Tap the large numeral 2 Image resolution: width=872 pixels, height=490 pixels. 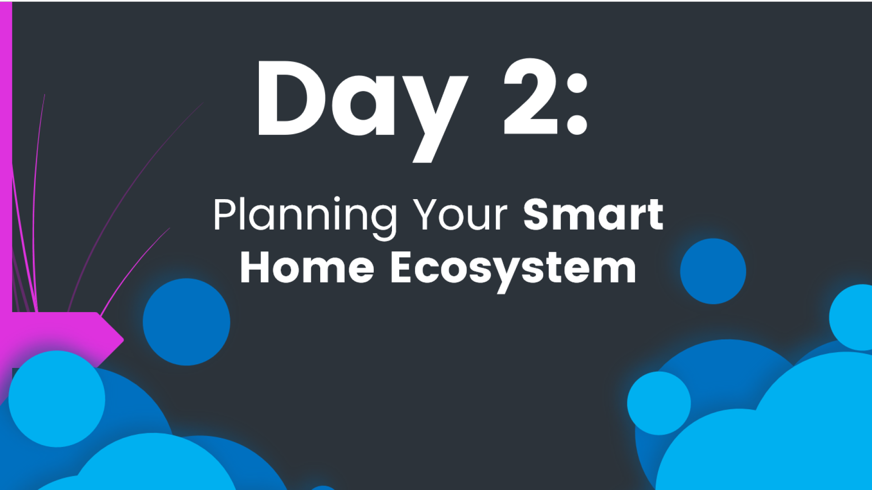tap(531, 96)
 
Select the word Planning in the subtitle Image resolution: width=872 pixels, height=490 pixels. tap(305, 218)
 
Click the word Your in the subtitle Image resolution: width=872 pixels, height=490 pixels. tap(460, 215)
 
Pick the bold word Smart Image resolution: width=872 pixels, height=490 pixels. tap(593, 214)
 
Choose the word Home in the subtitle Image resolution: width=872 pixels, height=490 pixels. tap(307, 268)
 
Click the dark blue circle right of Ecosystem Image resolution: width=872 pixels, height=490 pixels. tap(713, 271)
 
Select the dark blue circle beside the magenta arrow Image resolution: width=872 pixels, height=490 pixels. tap(186, 322)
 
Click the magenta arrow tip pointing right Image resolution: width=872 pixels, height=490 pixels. tap(123, 339)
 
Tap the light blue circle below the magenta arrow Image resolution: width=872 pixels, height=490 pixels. tap(57, 399)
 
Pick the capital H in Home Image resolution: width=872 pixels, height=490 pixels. tap(255, 268)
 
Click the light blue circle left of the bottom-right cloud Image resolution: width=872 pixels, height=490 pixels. tap(659, 403)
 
